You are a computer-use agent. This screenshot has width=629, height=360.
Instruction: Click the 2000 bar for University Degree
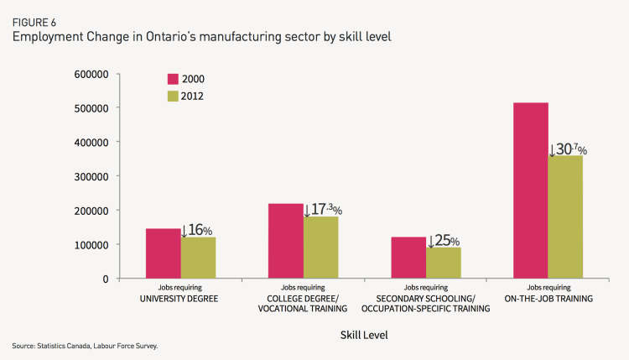[163, 253]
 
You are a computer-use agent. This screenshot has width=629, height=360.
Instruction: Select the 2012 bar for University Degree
[198, 258]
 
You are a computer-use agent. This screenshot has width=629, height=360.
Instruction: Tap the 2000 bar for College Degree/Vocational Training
[286, 241]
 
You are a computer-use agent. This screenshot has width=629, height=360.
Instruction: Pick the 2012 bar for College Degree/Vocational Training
[321, 248]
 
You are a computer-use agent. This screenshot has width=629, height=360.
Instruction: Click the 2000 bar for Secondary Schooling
[408, 258]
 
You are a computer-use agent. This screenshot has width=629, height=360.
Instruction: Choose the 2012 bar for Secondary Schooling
[444, 263]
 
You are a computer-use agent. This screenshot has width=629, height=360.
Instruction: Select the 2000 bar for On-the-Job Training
[531, 190]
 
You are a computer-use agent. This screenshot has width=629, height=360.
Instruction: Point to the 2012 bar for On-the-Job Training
[566, 217]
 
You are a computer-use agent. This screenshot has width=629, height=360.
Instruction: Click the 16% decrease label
[198, 230]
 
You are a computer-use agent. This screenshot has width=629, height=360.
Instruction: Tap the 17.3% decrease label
[323, 209]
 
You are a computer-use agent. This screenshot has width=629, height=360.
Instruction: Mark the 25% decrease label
[444, 241]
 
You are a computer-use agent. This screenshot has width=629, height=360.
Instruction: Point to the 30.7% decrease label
[568, 149]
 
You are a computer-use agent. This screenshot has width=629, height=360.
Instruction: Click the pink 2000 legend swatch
[173, 79]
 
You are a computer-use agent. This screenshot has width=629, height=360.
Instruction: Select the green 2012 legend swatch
[173, 96]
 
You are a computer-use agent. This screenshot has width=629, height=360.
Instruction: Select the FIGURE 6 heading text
[33, 23]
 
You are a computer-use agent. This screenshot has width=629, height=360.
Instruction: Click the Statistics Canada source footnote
[85, 345]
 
